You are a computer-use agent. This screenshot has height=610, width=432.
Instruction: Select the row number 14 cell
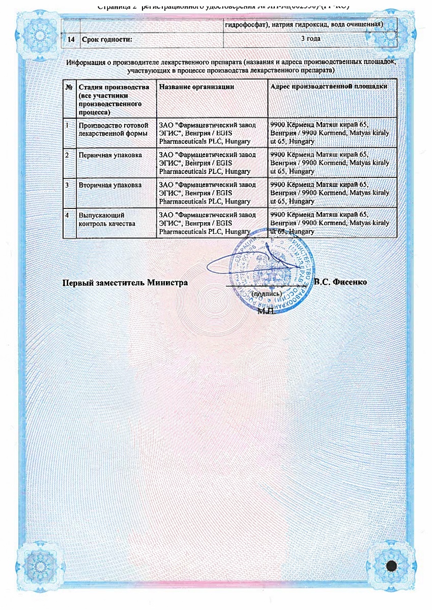[71, 39]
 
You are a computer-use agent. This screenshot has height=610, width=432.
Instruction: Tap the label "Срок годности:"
[103, 39]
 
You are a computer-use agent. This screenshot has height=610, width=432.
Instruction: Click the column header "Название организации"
[196, 87]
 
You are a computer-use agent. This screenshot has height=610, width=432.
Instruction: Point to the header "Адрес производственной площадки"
[329, 87]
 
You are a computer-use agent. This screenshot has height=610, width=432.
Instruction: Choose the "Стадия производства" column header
[114, 87]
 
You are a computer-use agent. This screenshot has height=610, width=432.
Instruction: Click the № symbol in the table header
[69, 87]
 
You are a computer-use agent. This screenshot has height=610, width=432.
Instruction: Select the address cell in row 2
[330, 163]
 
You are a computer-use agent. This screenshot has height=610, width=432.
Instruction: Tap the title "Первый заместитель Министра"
[125, 282]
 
